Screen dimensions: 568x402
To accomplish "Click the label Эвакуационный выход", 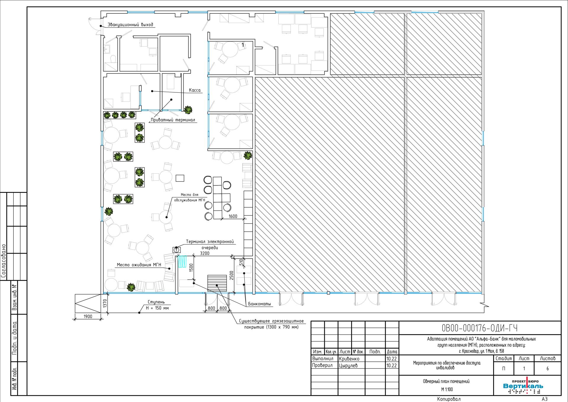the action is pyautogui.click(x=130, y=25).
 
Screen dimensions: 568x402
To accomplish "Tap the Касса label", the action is pyautogui.click(x=195, y=90).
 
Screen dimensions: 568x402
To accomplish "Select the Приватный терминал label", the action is pyautogui.click(x=173, y=120).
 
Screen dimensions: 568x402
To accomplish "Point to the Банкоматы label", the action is pyautogui.click(x=259, y=304).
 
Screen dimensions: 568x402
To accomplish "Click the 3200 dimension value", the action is pyautogui.click(x=205, y=253).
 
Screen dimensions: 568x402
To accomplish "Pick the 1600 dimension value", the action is pyautogui.click(x=233, y=216).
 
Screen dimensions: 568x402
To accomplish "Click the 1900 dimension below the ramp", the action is pyautogui.click(x=88, y=316).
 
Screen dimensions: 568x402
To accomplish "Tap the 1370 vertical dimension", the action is pyautogui.click(x=104, y=304).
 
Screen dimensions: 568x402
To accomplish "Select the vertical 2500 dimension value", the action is pyautogui.click(x=231, y=275).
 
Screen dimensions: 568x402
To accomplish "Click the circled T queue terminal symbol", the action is pyautogui.click(x=177, y=250).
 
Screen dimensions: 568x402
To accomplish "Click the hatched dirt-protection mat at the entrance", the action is pyautogui.click(x=217, y=283).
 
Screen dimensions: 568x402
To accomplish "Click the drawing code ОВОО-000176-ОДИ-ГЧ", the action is pyautogui.click(x=480, y=328).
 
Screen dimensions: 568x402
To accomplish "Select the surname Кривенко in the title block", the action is pyautogui.click(x=349, y=359).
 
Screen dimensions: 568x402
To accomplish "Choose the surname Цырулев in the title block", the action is pyautogui.click(x=348, y=366).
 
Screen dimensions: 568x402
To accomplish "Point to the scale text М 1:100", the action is pyautogui.click(x=447, y=390).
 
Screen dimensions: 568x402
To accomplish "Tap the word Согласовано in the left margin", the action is pyautogui.click(x=4, y=261).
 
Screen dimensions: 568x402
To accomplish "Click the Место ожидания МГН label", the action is pyautogui.click(x=139, y=265).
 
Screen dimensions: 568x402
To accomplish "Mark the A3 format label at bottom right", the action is pyautogui.click(x=545, y=399).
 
